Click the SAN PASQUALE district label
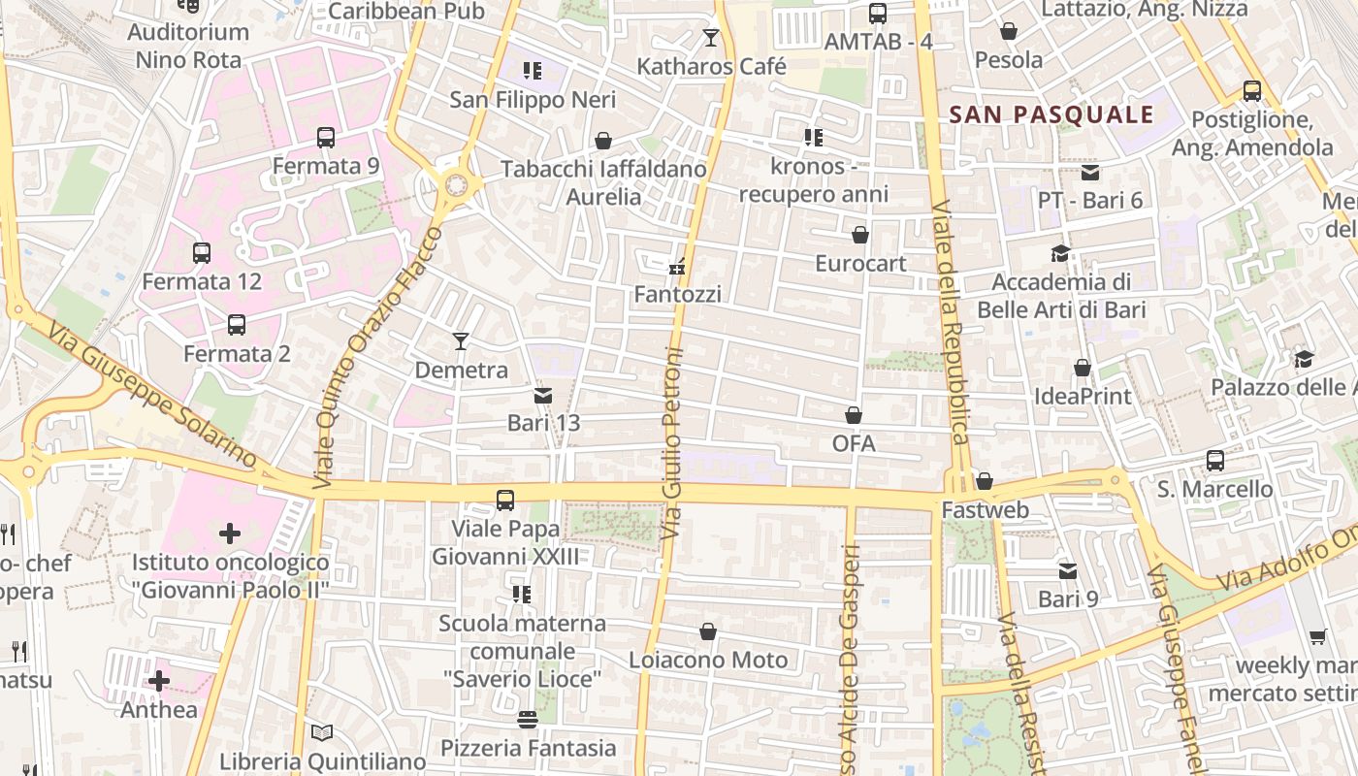click(x=1051, y=114)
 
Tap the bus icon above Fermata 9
click(x=326, y=138)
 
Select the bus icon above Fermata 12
click(x=202, y=253)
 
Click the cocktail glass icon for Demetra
click(x=461, y=341)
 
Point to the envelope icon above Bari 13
click(x=543, y=396)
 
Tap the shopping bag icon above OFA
click(x=854, y=415)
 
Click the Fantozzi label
click(x=677, y=293)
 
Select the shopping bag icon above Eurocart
click(x=859, y=235)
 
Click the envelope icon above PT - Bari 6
click(x=1090, y=173)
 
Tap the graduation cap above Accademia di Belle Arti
click(x=1060, y=254)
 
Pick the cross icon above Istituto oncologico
click(x=230, y=533)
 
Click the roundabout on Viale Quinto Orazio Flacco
click(x=455, y=184)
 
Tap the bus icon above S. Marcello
click(x=1214, y=461)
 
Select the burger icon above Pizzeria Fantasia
click(x=528, y=720)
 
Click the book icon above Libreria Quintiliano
click(x=322, y=733)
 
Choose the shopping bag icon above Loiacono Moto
click(x=708, y=631)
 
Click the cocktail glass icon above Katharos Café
click(x=711, y=38)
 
